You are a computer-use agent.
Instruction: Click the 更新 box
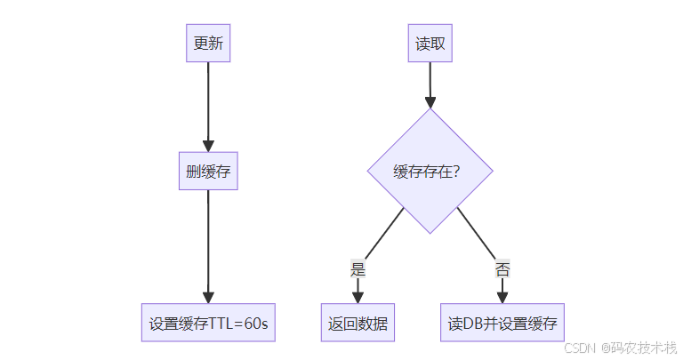208,44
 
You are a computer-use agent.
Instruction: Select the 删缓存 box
208,172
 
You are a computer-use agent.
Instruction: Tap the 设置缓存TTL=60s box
208,324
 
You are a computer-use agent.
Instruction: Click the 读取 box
430,44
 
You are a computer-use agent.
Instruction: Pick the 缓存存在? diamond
430,172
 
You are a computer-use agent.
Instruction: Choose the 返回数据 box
358,324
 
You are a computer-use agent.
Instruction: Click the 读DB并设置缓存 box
502,324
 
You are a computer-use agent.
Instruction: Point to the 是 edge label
358,270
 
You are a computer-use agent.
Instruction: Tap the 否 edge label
502,270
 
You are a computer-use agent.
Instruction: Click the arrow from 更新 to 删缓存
208,102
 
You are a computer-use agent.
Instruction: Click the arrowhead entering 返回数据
358,298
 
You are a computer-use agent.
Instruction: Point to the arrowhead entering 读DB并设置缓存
502,298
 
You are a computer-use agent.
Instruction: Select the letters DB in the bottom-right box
474,324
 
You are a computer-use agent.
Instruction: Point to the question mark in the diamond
456,172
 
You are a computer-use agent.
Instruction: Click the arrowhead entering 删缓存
208,146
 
